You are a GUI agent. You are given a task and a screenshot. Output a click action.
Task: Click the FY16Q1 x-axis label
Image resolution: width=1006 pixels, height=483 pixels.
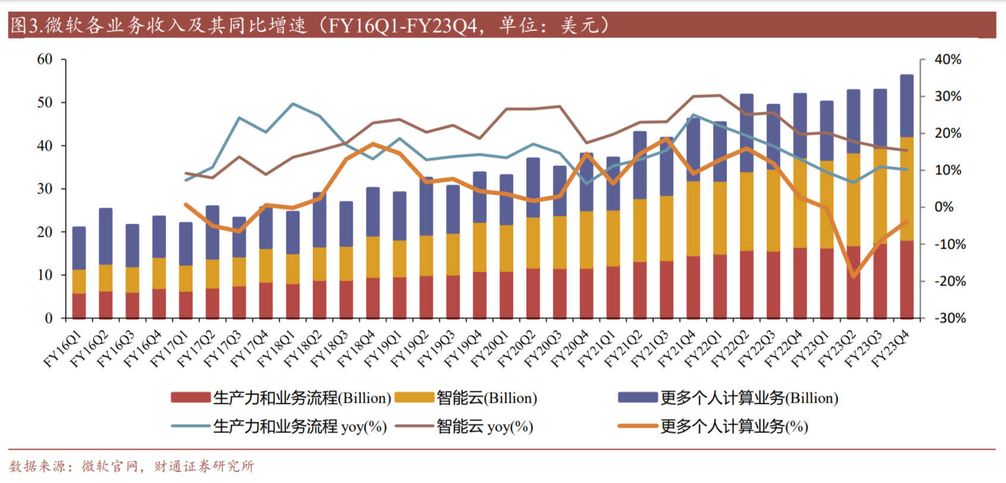click(62, 350)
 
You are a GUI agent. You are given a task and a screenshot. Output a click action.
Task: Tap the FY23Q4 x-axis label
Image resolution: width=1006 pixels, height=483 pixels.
click(891, 350)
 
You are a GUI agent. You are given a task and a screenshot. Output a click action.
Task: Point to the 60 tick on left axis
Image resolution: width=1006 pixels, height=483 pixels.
click(45, 59)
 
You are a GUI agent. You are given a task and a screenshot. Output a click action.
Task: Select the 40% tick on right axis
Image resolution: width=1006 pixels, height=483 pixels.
click(948, 59)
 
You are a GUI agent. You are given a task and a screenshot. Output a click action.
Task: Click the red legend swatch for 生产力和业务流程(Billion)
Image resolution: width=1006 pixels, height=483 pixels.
click(190, 397)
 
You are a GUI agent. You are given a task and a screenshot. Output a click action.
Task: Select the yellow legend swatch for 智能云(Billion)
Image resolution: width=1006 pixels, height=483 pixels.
click(414, 397)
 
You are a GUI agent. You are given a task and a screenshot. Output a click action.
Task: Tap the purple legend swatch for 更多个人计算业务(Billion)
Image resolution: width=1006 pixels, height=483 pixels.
click(637, 397)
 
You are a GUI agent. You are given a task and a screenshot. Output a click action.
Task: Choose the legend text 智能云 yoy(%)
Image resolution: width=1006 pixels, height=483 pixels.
click(484, 426)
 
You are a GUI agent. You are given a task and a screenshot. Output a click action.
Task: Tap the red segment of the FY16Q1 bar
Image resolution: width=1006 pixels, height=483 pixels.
click(79, 306)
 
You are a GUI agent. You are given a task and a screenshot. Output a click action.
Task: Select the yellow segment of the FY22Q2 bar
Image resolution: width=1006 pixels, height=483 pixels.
click(747, 211)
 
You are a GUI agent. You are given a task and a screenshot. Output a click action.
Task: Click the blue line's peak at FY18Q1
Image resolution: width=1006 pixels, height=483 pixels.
click(293, 104)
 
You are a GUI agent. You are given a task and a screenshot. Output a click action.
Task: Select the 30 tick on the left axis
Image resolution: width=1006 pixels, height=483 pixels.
click(45, 189)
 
